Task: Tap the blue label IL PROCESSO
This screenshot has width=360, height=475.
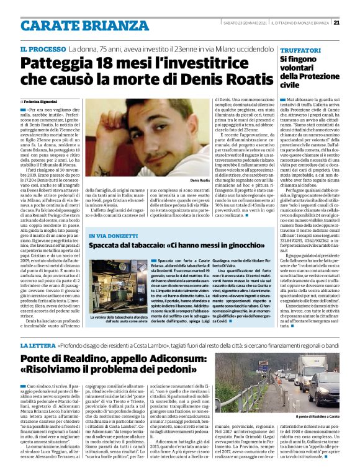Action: point(42,49)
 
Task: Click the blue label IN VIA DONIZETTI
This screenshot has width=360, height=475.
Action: point(113,238)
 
